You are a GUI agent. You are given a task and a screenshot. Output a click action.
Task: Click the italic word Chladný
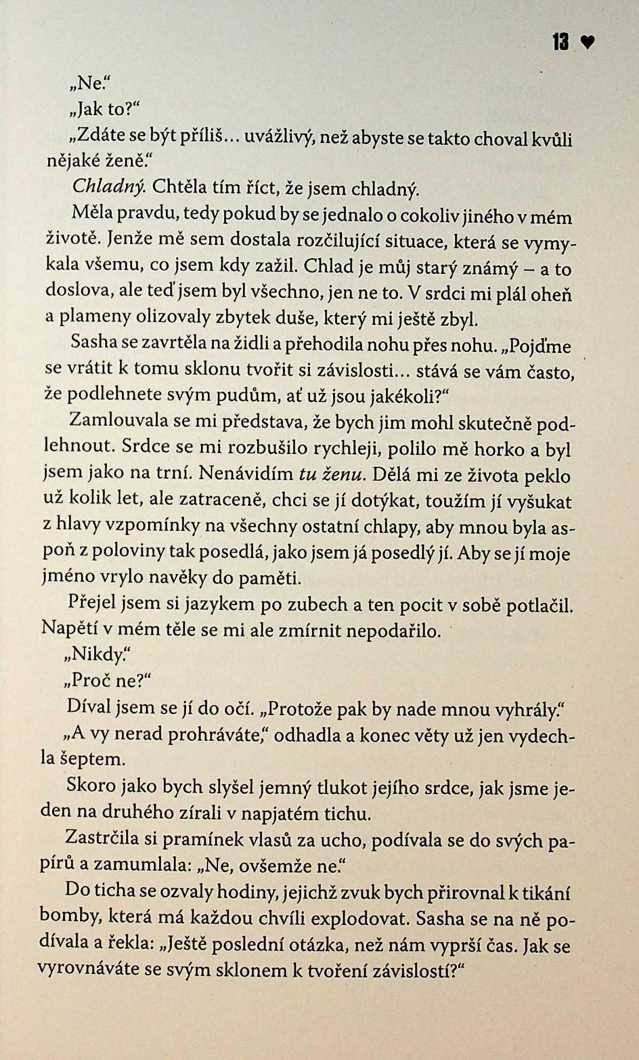(108, 186)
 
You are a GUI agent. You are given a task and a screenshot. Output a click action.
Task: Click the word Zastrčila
(102, 840)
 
